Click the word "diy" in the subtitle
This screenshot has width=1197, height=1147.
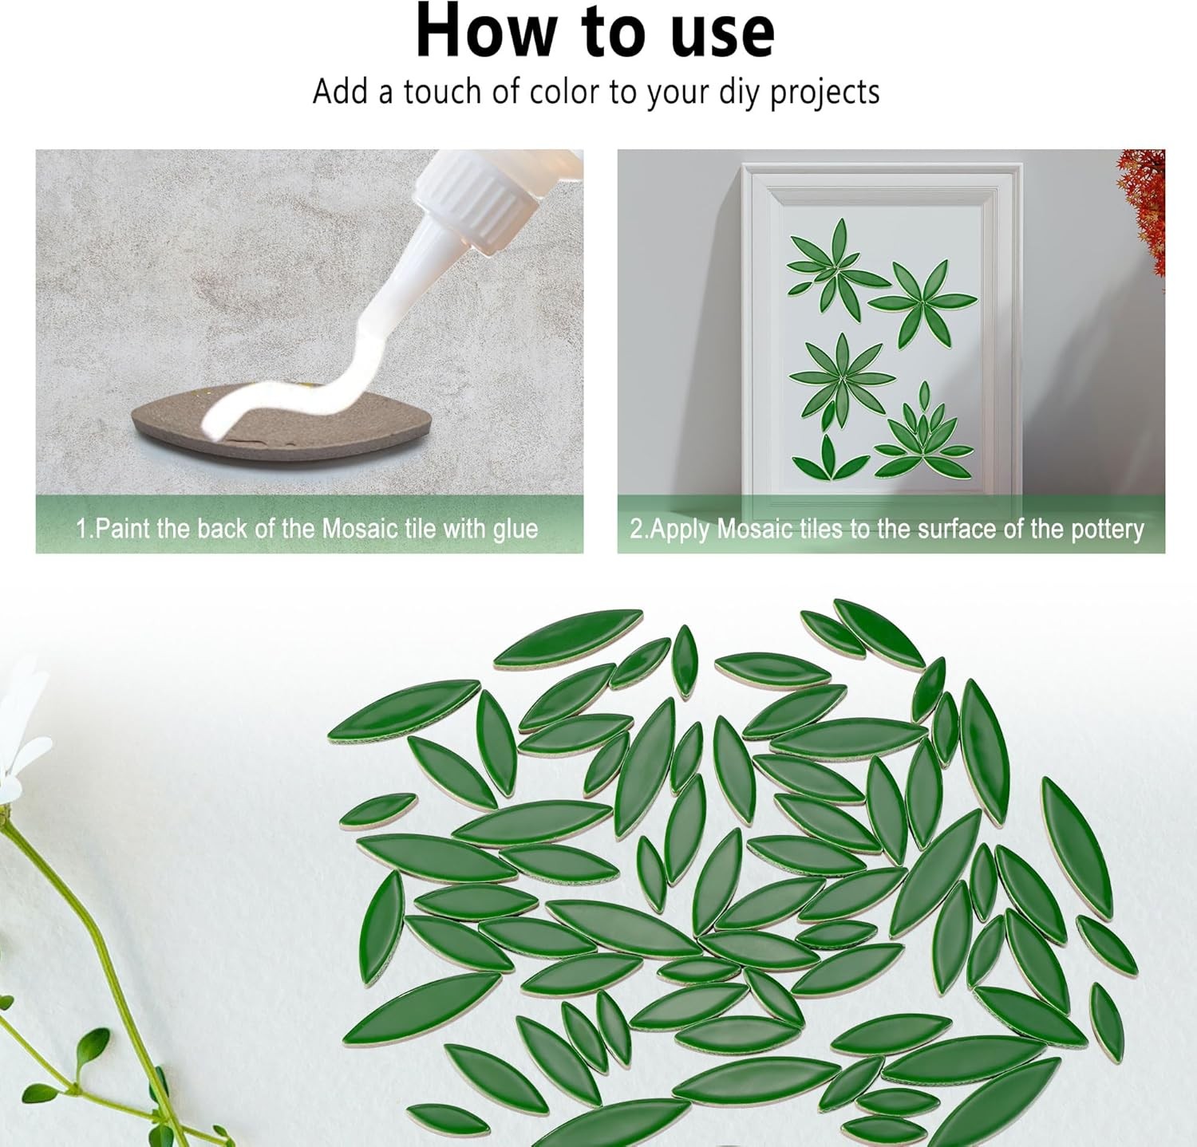[742, 93]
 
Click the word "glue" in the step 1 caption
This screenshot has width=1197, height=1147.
[516, 530]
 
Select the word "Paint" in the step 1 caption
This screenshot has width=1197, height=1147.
[120, 529]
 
